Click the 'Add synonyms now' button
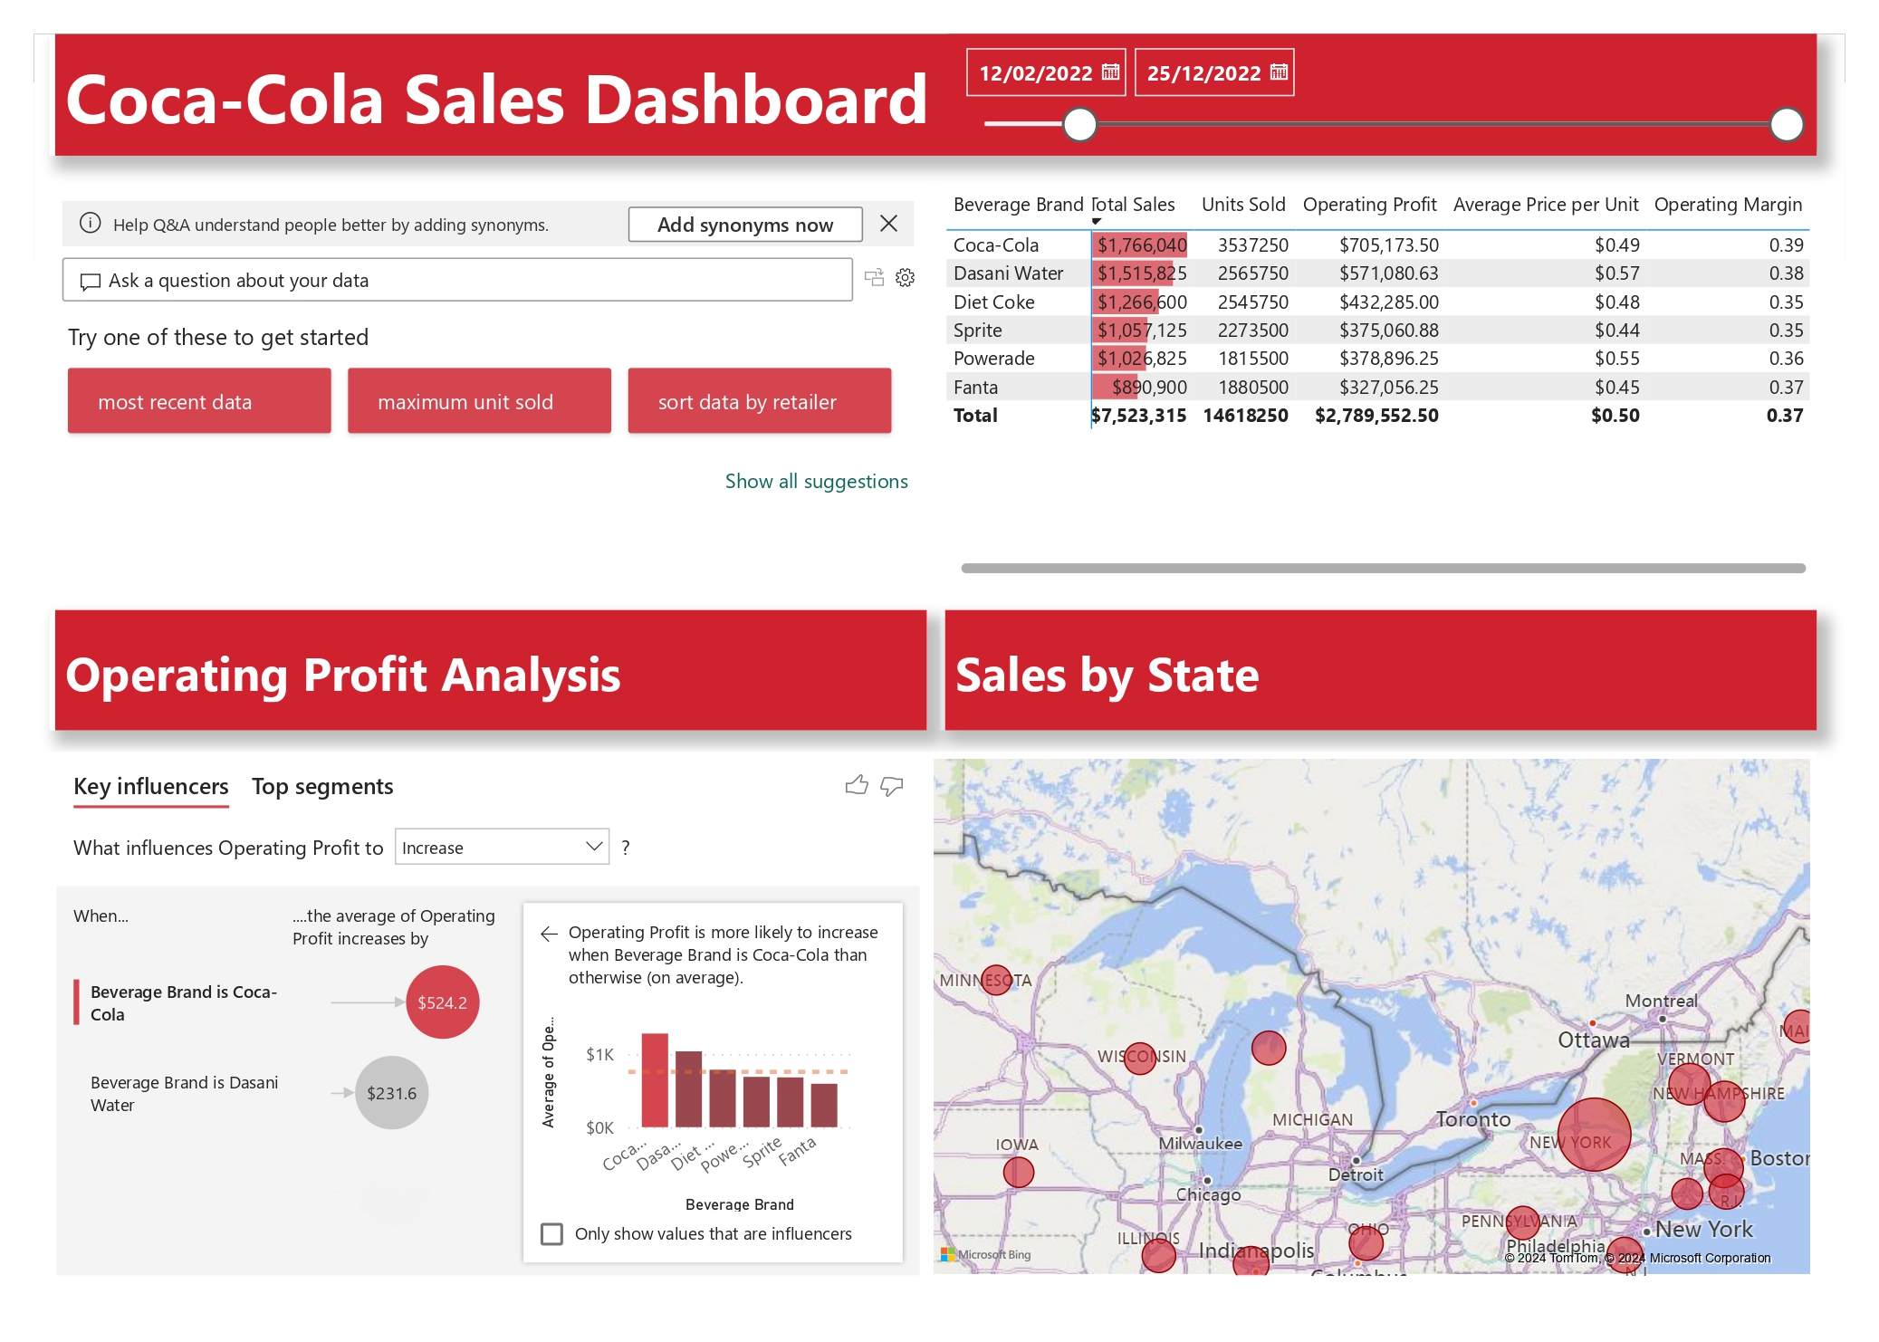click(744, 225)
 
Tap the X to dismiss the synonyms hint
click(888, 224)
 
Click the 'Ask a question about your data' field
click(457, 281)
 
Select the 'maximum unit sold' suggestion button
click(478, 401)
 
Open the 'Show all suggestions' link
click(816, 482)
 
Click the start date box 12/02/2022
click(1036, 73)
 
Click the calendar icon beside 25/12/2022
click(1279, 72)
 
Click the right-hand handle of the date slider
click(1786, 125)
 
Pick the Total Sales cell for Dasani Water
click(1141, 273)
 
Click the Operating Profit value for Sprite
click(1388, 331)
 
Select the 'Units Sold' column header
click(1242, 205)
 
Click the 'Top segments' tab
click(322, 787)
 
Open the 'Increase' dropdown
click(502, 848)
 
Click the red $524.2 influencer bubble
click(442, 1002)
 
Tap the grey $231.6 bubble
click(391, 1093)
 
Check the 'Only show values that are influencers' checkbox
click(551, 1234)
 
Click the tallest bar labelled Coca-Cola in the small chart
click(655, 1079)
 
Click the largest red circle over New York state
click(1593, 1135)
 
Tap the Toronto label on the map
click(1473, 1119)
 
